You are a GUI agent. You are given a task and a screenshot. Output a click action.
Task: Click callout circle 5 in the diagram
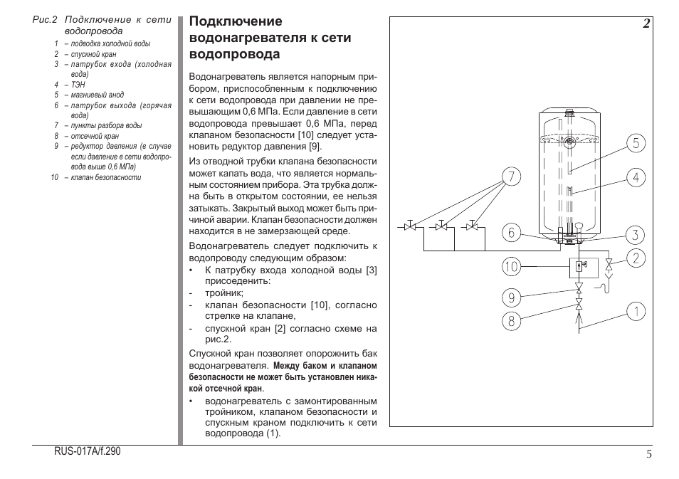point(636,143)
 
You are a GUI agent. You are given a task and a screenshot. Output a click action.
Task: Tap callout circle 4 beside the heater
point(636,177)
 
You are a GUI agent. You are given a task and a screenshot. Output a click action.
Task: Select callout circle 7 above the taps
point(511,176)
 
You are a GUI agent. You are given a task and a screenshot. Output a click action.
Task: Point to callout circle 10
point(511,268)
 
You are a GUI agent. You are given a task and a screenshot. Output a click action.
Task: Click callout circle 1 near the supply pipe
point(636,310)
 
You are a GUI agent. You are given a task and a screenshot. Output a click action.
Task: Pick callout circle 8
point(511,321)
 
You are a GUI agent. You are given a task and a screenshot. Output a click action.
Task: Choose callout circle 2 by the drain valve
point(636,258)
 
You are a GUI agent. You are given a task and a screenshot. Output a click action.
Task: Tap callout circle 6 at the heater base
point(511,232)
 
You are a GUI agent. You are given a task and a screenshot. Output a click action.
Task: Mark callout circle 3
point(636,234)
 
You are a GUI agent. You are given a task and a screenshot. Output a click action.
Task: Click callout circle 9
point(511,296)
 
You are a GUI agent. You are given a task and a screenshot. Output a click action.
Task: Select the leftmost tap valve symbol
point(410,226)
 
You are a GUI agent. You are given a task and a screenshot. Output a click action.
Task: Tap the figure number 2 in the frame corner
point(645,24)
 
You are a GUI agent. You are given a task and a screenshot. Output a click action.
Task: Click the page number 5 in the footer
point(649,456)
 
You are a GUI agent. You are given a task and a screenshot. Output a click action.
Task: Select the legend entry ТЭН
point(78,84)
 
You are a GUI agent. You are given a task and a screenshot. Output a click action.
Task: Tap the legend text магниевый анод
point(97,95)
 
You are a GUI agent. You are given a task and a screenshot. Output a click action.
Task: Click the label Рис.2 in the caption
point(45,20)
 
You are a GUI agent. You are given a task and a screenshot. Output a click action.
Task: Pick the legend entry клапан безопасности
point(106,177)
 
